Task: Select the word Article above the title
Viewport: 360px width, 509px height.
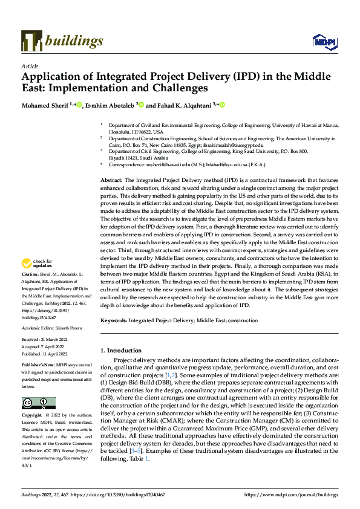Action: click(x=30, y=66)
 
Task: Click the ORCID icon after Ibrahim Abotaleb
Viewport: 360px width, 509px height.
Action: click(x=141, y=105)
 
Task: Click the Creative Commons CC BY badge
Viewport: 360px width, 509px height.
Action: click(x=39, y=403)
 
